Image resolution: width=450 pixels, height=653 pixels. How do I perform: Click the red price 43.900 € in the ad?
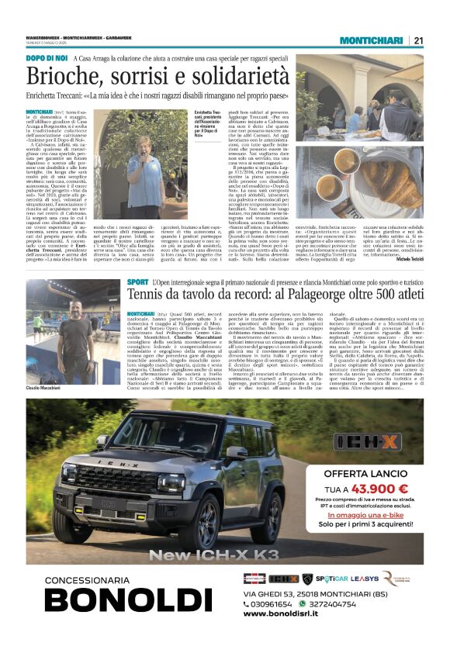click(380, 489)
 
